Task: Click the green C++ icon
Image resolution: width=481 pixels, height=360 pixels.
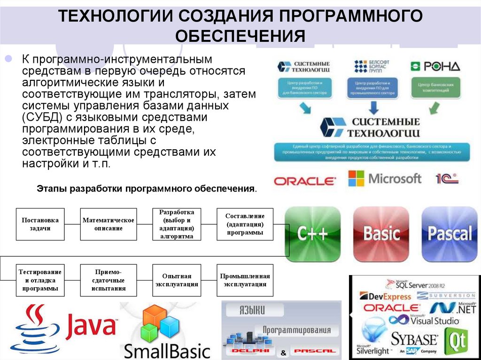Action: [313, 233]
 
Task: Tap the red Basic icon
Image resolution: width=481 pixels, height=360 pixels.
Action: [381, 233]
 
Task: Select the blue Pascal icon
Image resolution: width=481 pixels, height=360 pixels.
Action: [450, 233]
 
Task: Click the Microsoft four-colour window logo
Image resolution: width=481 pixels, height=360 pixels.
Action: [356, 178]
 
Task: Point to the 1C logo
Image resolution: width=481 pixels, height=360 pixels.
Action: [447, 179]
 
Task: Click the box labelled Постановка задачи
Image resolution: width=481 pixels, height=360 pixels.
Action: [40, 224]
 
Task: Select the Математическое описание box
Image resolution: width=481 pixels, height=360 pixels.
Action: [109, 224]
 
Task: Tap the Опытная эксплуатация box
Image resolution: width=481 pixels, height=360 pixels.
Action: [177, 280]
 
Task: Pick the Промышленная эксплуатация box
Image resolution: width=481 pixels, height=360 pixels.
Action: [245, 280]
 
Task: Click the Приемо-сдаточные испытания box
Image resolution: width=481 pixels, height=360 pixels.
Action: [109, 280]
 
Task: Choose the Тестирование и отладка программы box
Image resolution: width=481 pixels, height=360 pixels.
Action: [40, 280]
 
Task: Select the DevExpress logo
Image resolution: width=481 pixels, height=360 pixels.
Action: [385, 296]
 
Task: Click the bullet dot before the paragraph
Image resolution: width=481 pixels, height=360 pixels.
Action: [8, 60]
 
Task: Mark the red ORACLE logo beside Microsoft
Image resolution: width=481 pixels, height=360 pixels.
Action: [305, 181]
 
